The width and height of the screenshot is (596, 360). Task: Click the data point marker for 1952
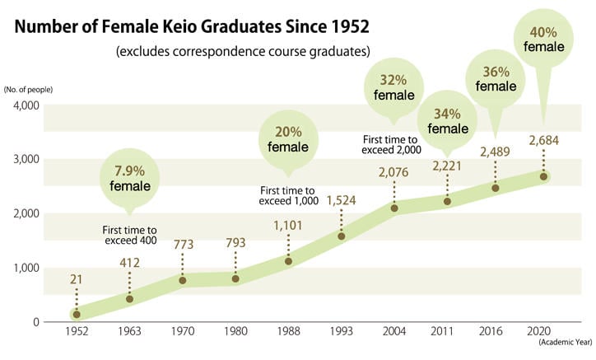coord(77,314)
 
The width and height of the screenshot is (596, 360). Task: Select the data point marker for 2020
coord(544,176)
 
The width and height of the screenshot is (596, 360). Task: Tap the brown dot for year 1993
coord(342,236)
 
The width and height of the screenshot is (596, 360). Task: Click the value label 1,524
coord(341,200)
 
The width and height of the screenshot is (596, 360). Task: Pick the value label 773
coord(183,245)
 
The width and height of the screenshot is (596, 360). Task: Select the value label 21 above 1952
coord(77,280)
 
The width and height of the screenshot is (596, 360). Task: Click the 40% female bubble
coord(545,38)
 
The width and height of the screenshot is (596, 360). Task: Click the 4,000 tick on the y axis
coord(26,105)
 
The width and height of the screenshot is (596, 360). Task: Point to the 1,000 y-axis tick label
coord(26,268)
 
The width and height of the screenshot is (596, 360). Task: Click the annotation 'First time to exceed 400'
coord(130,236)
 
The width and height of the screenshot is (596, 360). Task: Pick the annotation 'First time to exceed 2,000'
coord(392,144)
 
